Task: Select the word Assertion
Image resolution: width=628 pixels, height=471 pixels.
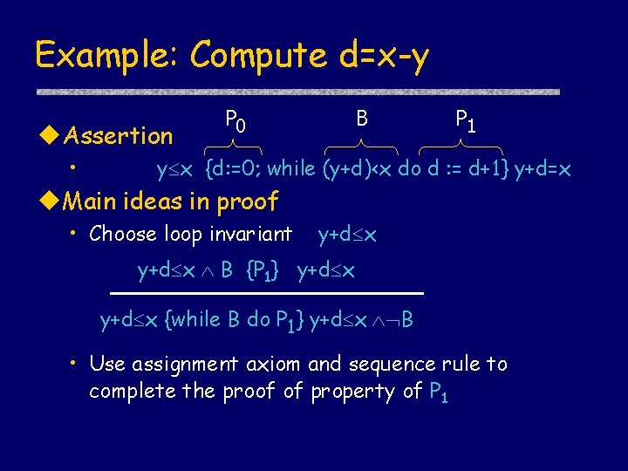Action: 119,136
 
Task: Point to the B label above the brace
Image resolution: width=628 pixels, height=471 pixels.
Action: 362,116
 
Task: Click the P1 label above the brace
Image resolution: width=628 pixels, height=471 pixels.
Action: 465,119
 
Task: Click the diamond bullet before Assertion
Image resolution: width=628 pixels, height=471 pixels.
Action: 50,136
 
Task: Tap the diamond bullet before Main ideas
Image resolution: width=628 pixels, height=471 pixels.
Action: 50,202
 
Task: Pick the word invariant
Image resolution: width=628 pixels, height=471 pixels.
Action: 252,234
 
